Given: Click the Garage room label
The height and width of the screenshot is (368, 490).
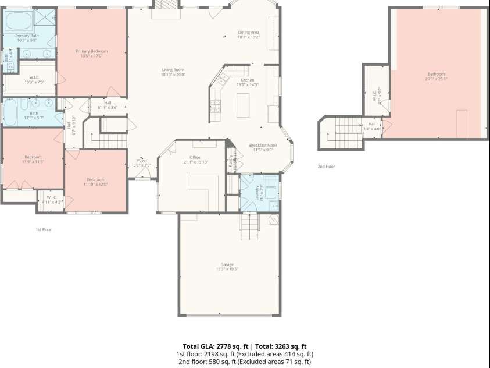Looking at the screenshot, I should (229, 266).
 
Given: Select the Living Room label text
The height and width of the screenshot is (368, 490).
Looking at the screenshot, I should (173, 72).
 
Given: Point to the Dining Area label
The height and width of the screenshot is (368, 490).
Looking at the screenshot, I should (248, 34).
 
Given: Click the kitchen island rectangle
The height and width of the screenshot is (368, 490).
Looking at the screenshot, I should (243, 105).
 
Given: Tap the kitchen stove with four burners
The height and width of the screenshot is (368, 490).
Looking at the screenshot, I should (216, 105).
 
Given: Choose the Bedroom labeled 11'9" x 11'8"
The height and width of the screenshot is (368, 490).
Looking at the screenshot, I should (33, 159).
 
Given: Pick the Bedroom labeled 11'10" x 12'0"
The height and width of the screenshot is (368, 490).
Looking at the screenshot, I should (95, 181).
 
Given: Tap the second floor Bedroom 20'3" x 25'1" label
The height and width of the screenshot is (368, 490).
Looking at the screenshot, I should (437, 76).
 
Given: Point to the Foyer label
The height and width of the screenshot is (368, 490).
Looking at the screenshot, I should (142, 162).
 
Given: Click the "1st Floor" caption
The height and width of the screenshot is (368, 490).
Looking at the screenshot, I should (44, 229).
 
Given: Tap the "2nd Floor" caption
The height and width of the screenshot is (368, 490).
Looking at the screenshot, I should (326, 167).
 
